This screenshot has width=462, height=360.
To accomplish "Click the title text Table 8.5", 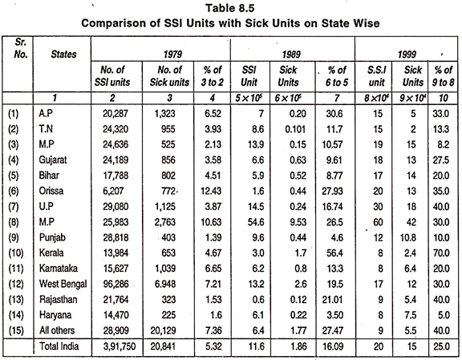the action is click(230, 8).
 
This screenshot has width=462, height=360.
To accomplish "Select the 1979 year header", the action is click(173, 55).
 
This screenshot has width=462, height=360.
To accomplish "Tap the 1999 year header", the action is click(407, 55).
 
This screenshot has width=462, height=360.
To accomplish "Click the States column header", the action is click(63, 55).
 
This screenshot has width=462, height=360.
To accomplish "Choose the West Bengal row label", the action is click(63, 284).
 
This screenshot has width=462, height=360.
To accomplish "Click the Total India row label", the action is click(59, 346).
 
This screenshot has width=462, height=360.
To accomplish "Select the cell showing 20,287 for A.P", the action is click(115, 113).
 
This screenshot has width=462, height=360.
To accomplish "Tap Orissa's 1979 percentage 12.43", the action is click(211, 191).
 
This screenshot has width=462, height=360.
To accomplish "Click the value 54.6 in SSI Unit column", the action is click(256, 222).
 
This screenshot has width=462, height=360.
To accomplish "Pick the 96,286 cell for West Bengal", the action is click(115, 284).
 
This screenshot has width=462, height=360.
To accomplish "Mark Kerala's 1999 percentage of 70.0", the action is click(441, 253).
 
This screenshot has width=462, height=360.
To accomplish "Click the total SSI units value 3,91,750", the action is click(120, 346).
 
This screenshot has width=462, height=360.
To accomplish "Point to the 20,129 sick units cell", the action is click(164, 330).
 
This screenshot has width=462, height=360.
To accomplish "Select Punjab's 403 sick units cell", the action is click(168, 237).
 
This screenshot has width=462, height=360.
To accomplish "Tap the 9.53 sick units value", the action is click(298, 222).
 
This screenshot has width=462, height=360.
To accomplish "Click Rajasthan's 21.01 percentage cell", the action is click(332, 300).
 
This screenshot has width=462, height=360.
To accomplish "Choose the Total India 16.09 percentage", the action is click(333, 346).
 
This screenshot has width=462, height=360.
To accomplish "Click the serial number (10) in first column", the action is click(15, 253).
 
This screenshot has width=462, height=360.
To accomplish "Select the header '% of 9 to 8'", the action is click(443, 76).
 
